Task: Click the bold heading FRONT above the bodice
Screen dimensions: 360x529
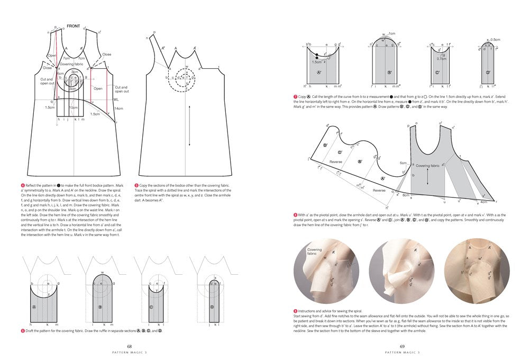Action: coord(73,26)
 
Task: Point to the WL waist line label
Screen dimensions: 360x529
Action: coord(115,100)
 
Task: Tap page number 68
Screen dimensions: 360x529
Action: coord(129,346)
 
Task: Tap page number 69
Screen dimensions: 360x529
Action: coord(402,346)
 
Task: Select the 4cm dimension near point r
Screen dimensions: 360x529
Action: coord(483,201)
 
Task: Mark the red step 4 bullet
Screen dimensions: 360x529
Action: coord(22,185)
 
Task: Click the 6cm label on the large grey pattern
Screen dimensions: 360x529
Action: coord(403,163)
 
